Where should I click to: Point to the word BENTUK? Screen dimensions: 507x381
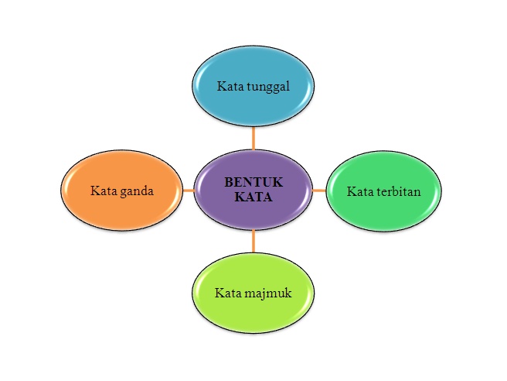coord(253,182)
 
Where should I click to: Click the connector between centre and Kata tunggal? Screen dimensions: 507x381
coord(253,139)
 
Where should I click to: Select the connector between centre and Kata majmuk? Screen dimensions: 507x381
coord(253,242)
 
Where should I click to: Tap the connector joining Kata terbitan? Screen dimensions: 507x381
coord(318,189)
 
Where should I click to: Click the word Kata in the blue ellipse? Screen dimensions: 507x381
coord(228,86)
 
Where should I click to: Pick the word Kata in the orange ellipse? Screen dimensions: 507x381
coord(103,190)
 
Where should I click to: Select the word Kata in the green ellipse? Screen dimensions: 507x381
coord(359,190)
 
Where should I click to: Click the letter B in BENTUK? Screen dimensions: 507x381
coord(227,182)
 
